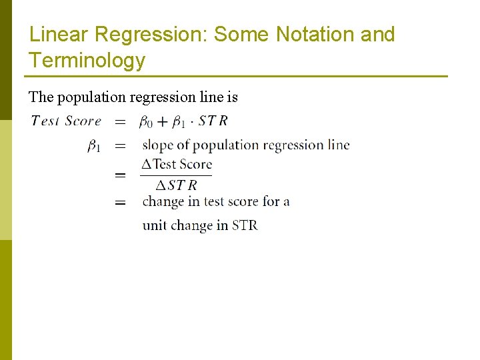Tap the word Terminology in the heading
pyautogui.click(x=87, y=61)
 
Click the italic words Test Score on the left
pyautogui.click(x=66, y=121)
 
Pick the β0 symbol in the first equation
pyautogui.click(x=145, y=122)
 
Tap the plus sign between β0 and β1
pyautogui.click(x=162, y=122)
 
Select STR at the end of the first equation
pyautogui.click(x=213, y=121)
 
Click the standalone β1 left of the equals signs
pyautogui.click(x=94, y=146)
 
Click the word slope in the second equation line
pyautogui.click(x=157, y=145)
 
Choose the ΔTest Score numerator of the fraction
pyautogui.click(x=177, y=164)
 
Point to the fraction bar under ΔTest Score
pyautogui.click(x=177, y=175)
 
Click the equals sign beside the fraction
pyautogui.click(x=121, y=175)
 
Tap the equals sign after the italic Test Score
pyautogui.click(x=121, y=122)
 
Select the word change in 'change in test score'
pyautogui.click(x=163, y=201)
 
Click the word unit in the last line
pyautogui.click(x=155, y=225)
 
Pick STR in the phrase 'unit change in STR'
pyautogui.click(x=245, y=225)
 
